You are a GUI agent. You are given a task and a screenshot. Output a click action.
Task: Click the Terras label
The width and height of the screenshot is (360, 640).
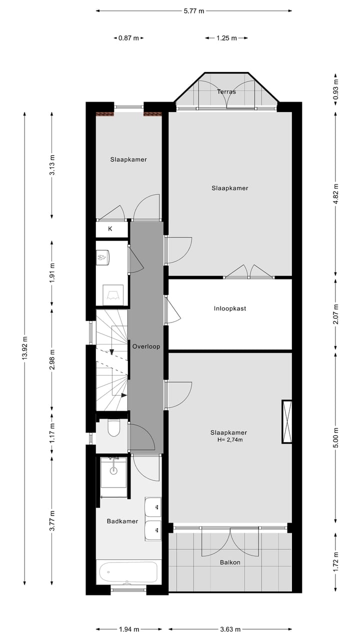click(x=226, y=92)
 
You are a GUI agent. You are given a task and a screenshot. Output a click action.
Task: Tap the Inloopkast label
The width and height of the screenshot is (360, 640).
click(x=230, y=308)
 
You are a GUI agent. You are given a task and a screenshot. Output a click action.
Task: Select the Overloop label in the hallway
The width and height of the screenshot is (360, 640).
click(x=146, y=346)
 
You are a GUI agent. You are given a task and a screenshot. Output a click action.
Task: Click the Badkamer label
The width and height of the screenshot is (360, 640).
click(x=122, y=521)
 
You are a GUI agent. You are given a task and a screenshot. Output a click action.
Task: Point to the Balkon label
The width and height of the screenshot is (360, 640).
click(x=230, y=562)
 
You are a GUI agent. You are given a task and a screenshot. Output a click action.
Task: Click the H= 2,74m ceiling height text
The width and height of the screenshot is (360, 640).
click(x=230, y=440)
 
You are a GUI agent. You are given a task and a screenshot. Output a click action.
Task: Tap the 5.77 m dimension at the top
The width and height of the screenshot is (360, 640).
click(x=194, y=10)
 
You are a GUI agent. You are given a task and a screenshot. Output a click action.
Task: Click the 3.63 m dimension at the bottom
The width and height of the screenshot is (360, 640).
click(x=230, y=629)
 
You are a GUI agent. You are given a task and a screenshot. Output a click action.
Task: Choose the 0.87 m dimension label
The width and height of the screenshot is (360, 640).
click(x=128, y=38)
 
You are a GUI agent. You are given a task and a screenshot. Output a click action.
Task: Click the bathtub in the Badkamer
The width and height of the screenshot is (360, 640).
click(x=128, y=571)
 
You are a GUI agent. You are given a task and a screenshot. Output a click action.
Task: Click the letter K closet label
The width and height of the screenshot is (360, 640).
click(x=110, y=229)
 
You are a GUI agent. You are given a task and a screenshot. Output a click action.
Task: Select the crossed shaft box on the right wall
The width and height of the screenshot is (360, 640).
click(x=287, y=421)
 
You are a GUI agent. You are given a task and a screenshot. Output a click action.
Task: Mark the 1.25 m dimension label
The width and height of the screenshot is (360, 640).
click(x=226, y=38)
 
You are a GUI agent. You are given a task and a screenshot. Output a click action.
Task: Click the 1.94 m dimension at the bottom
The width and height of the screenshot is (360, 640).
click(x=128, y=629)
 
